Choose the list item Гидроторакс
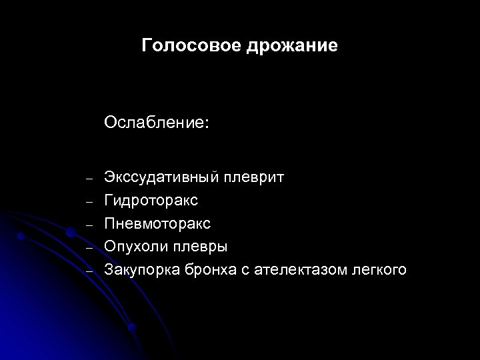coord(151,201)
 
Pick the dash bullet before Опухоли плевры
coord(88,247)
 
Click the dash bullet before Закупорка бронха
coord(88,270)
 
